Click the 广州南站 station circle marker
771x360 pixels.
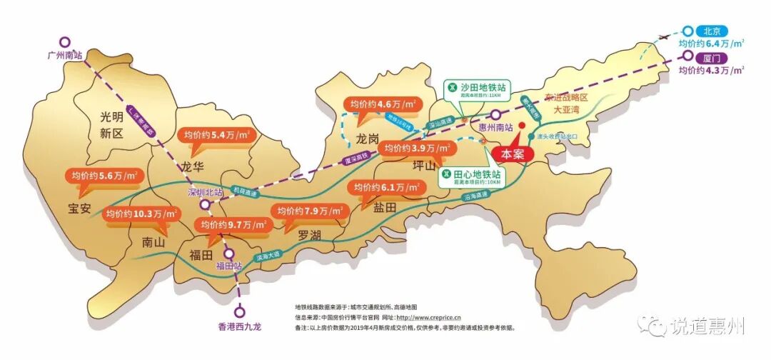(x=65, y=42)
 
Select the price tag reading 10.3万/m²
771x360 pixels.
(x=143, y=214)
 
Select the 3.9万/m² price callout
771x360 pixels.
(x=417, y=149)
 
